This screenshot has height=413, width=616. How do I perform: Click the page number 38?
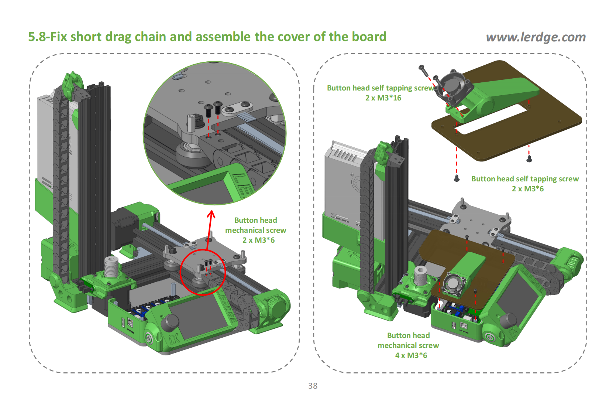click(313, 386)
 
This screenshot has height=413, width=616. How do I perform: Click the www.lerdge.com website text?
click(536, 37)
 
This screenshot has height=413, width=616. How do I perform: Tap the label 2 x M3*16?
click(383, 98)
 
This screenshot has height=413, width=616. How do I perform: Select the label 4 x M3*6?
click(411, 355)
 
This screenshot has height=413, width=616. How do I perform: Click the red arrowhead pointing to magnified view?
click(211, 214)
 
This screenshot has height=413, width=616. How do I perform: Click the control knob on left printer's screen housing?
click(170, 322)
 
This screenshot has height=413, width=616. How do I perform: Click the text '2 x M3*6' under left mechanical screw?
click(258, 240)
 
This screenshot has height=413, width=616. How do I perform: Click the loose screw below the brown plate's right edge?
click(529, 159)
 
